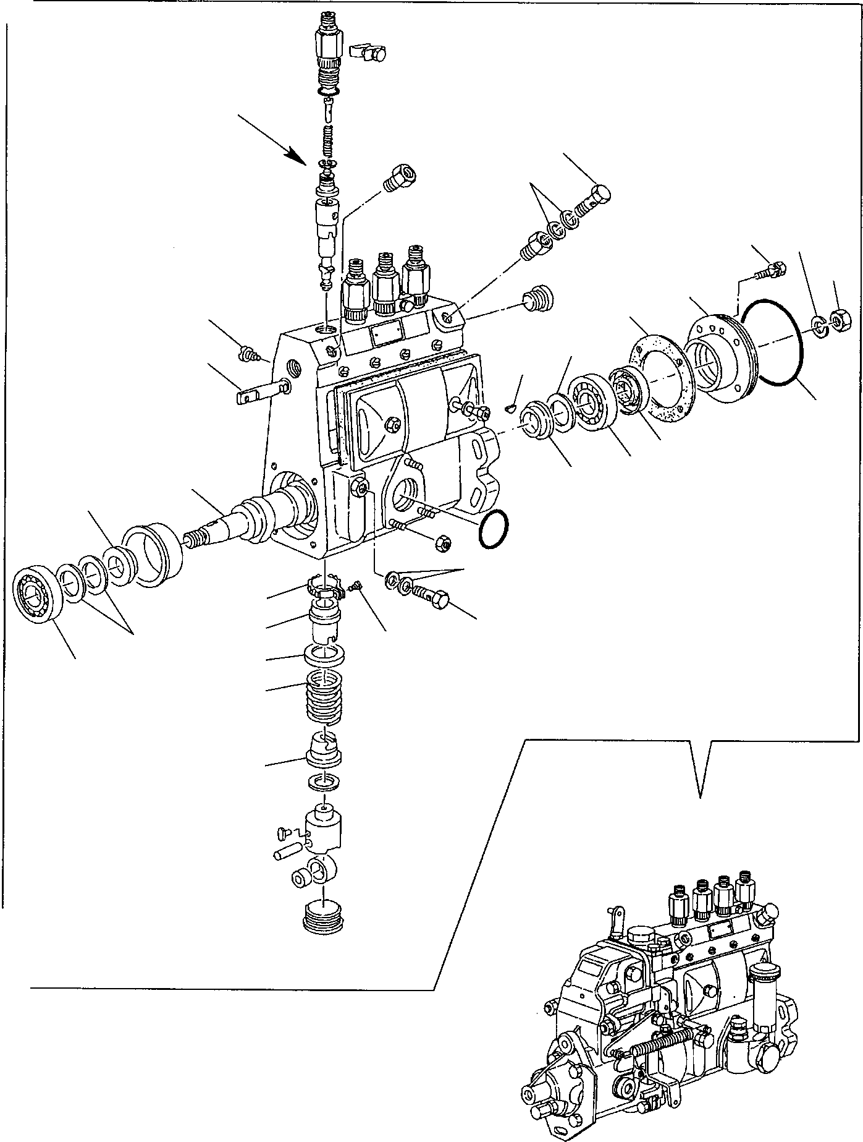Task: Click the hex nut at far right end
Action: (x=838, y=321)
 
